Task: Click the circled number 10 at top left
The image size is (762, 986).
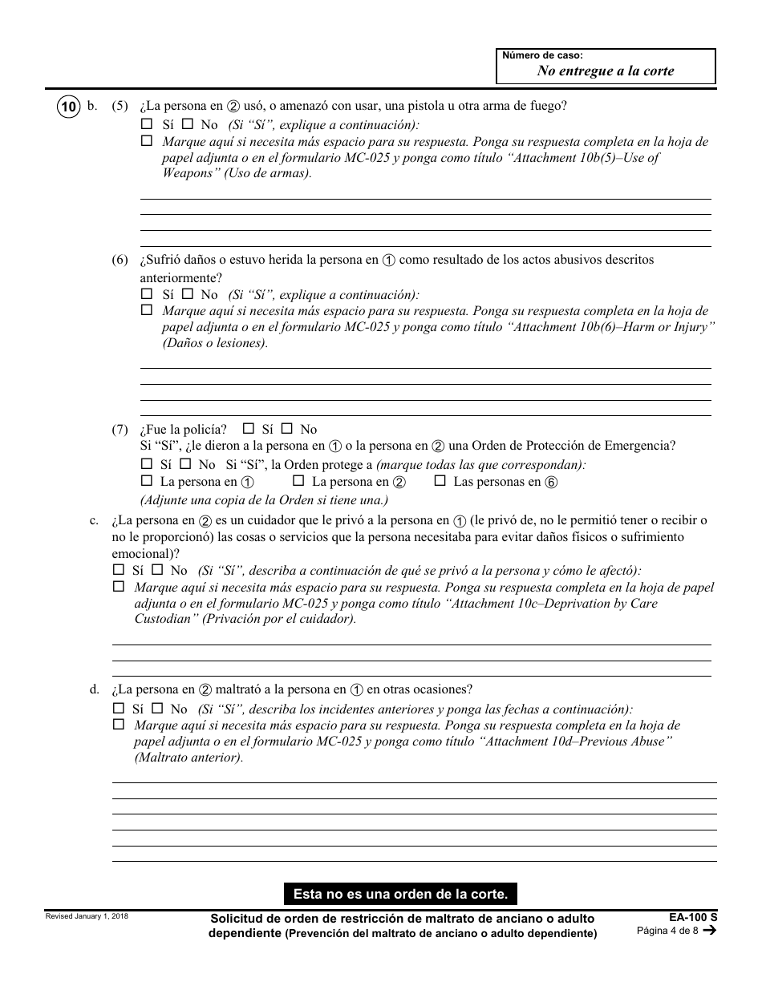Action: coord(69,106)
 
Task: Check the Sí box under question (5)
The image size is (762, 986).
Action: coord(146,124)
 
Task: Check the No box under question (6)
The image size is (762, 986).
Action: coord(187,294)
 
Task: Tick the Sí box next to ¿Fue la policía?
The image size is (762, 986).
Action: coord(249,429)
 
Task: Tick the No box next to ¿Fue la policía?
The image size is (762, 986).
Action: coord(287,429)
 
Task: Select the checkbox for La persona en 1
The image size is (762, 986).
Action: coord(146,481)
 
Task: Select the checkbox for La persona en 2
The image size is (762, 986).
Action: coord(298,481)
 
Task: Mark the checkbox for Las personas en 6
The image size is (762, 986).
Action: coord(440,481)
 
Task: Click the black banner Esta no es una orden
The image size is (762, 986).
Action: coord(400,893)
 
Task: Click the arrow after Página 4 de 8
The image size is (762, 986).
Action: coord(708,931)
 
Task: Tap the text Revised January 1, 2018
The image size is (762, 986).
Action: coord(86,916)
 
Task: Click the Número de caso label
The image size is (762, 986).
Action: coord(542,55)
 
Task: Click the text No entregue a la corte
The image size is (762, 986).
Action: coord(605,71)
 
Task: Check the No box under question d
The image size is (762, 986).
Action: coord(157,708)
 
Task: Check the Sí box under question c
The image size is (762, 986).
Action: coord(118,570)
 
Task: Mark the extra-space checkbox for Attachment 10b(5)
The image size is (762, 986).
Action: coord(146,141)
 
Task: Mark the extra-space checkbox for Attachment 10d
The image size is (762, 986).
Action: coord(118,725)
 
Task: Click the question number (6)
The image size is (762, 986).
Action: coord(120,261)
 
